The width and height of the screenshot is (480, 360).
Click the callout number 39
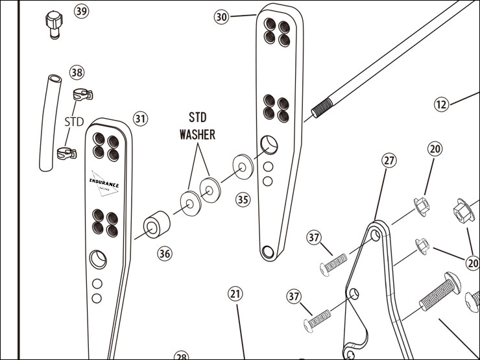(82, 12)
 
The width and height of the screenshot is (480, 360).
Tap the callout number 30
(222, 18)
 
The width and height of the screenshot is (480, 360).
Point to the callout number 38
(77, 72)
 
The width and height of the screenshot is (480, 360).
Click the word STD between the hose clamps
(75, 122)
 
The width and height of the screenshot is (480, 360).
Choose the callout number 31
(141, 119)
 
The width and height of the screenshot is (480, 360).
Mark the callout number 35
(243, 200)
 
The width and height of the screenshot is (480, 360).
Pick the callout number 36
(165, 254)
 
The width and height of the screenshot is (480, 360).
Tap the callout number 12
(442, 103)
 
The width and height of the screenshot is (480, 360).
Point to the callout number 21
(235, 294)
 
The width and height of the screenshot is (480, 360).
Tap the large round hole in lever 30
(269, 144)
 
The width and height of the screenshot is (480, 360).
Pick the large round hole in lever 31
(98, 259)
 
